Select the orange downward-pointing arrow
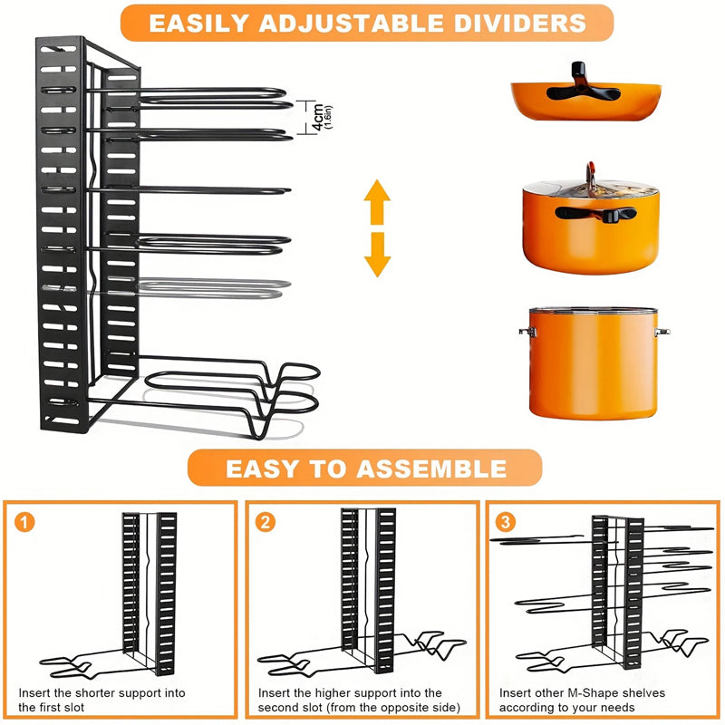tap(377, 256)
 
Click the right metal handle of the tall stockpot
tap(662, 333)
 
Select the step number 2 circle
tap(266, 522)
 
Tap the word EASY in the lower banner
tap(257, 468)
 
